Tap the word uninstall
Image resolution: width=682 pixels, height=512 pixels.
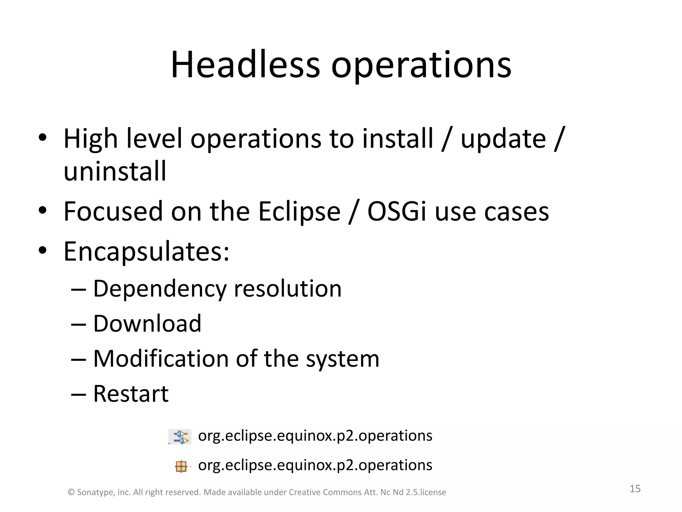click(115, 171)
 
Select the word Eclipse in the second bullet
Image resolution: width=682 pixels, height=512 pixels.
click(299, 211)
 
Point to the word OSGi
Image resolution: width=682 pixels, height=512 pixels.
click(397, 211)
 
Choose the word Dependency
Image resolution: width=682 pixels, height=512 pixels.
click(160, 289)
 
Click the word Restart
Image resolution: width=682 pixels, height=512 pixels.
click(131, 394)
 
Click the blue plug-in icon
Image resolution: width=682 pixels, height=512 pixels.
click(180, 437)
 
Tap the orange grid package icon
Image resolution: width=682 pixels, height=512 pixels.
click(181, 466)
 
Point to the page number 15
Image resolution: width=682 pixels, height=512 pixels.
click(635, 489)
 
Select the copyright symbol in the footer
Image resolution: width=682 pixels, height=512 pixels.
click(71, 492)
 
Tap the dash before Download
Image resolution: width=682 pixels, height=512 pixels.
click(79, 324)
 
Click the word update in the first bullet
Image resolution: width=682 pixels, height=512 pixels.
click(503, 139)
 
